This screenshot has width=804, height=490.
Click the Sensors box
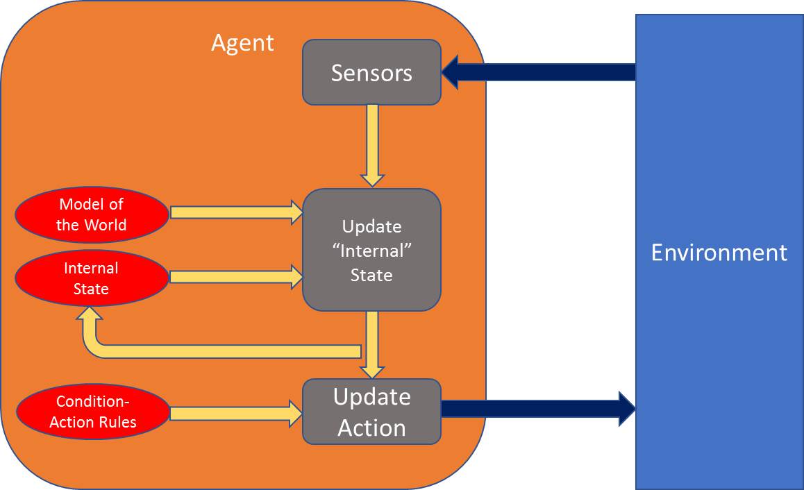(x=371, y=72)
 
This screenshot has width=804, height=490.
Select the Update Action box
(x=371, y=412)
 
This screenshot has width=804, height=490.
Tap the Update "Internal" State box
(x=371, y=250)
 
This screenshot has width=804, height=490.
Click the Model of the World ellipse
(x=92, y=214)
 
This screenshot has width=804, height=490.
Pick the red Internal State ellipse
(x=92, y=278)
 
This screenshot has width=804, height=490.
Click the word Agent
(x=242, y=43)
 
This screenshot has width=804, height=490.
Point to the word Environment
(x=719, y=252)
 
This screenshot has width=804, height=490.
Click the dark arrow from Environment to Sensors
(x=538, y=72)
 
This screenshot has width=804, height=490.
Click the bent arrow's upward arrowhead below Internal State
(x=90, y=321)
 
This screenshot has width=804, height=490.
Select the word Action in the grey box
(x=371, y=428)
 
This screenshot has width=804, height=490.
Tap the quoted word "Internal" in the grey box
(x=371, y=251)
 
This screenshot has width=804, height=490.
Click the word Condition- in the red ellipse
(x=93, y=402)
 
